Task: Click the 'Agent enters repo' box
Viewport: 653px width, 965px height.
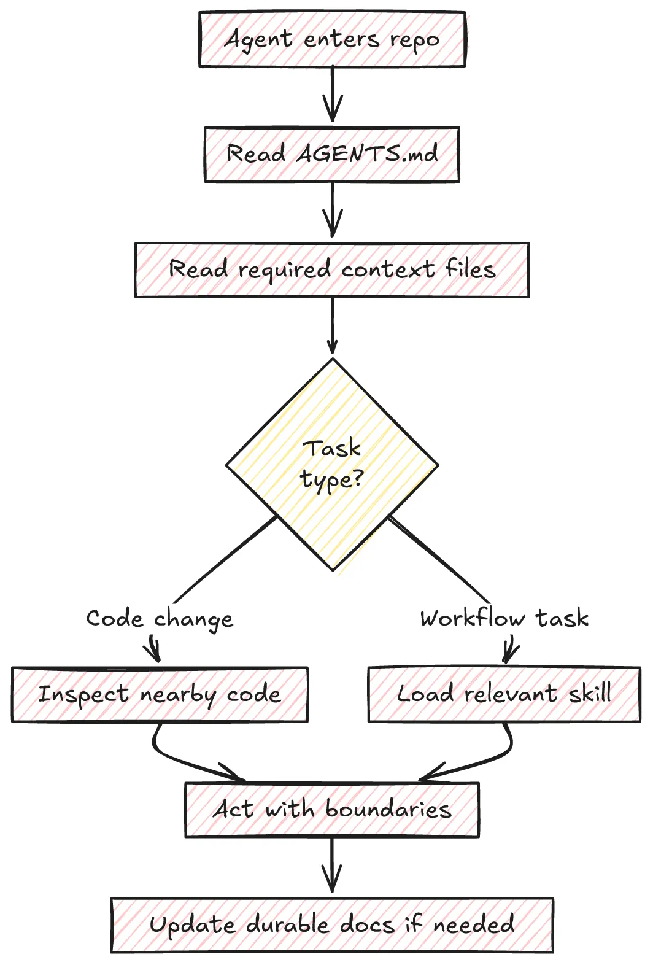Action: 332,39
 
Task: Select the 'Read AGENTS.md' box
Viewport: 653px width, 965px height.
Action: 332,154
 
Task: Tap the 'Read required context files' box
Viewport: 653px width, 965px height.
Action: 331,269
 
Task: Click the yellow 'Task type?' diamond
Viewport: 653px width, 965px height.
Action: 332,465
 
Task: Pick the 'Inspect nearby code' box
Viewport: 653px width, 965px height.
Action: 160,694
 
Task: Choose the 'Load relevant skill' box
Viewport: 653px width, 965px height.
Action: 504,694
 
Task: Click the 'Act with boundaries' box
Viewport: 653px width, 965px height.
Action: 332,810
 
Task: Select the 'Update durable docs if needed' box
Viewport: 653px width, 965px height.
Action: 332,925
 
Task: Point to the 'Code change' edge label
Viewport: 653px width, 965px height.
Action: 160,619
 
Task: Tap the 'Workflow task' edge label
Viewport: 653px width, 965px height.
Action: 504,618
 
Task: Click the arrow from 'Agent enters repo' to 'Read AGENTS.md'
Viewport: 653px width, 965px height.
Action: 333,95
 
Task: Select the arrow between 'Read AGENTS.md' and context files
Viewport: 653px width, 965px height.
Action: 333,210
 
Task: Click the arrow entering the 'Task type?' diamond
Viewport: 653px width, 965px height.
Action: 332,326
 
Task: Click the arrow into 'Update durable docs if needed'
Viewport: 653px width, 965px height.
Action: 332,865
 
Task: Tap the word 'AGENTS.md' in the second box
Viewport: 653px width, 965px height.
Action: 367,153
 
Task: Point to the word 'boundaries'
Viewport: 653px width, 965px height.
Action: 388,808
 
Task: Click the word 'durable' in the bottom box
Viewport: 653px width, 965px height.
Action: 288,924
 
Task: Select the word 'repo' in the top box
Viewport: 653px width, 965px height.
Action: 415,41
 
